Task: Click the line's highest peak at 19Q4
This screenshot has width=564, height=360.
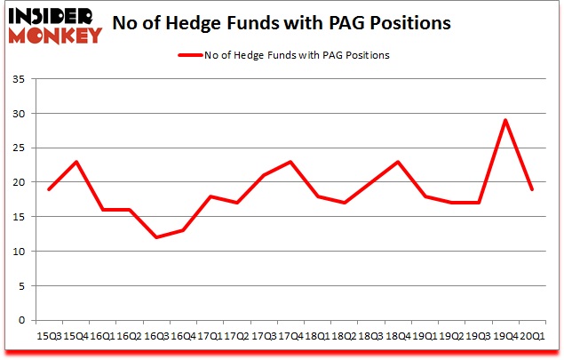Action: [504, 121]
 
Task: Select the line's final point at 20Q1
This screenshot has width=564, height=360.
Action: [531, 189]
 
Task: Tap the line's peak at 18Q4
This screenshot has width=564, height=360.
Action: [398, 162]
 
